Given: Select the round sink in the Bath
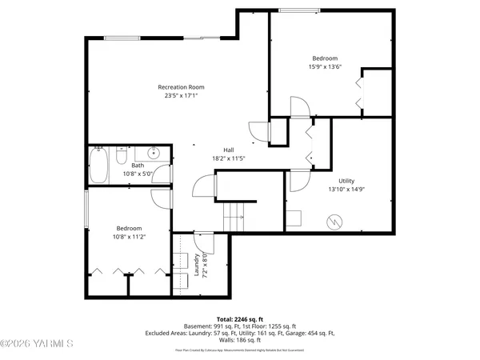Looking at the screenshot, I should [153, 154].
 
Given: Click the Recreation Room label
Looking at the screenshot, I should [181, 86].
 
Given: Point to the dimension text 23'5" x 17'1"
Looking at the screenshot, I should [181, 95].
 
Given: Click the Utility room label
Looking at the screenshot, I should [346, 181].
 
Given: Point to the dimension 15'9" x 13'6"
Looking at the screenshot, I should [324, 67].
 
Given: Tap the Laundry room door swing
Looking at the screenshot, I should [202, 240].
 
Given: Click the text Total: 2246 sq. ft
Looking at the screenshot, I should [239, 318].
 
